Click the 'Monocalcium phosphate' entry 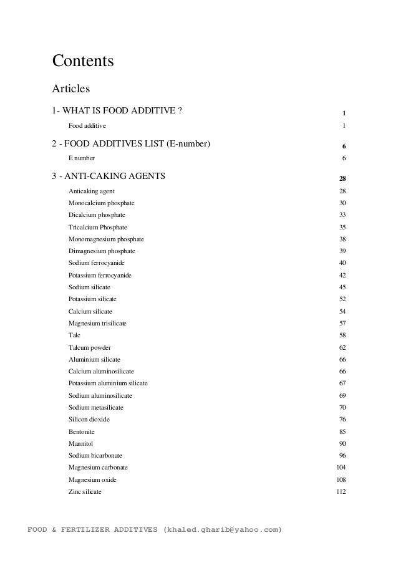[101, 203]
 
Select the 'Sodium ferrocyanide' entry [99, 263]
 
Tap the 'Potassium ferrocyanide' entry [100, 275]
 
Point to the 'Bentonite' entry [82, 431]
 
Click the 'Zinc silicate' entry [85, 491]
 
